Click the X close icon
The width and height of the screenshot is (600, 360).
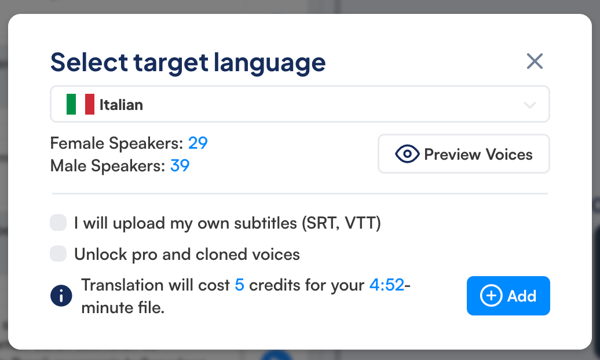click(535, 61)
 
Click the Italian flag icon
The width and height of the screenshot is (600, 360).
click(81, 104)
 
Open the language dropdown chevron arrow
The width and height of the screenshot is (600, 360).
click(529, 105)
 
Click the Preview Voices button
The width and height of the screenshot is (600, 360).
click(464, 154)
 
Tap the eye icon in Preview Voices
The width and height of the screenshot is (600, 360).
click(407, 154)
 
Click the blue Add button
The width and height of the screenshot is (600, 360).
click(508, 296)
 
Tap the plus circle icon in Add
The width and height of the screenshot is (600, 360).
click(491, 296)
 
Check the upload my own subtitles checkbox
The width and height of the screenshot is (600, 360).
click(58, 223)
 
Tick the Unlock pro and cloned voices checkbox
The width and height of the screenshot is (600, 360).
click(58, 254)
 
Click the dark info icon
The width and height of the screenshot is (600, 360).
click(61, 296)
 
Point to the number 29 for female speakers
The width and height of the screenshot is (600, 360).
click(198, 143)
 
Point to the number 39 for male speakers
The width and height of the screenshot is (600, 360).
click(180, 166)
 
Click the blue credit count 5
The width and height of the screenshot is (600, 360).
click(240, 285)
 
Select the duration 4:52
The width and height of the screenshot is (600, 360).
click(387, 285)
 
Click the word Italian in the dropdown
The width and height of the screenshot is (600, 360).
click(121, 105)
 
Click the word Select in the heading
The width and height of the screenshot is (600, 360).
click(89, 63)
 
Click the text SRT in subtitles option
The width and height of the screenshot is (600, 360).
click(322, 223)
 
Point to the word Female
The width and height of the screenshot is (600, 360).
click(77, 143)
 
